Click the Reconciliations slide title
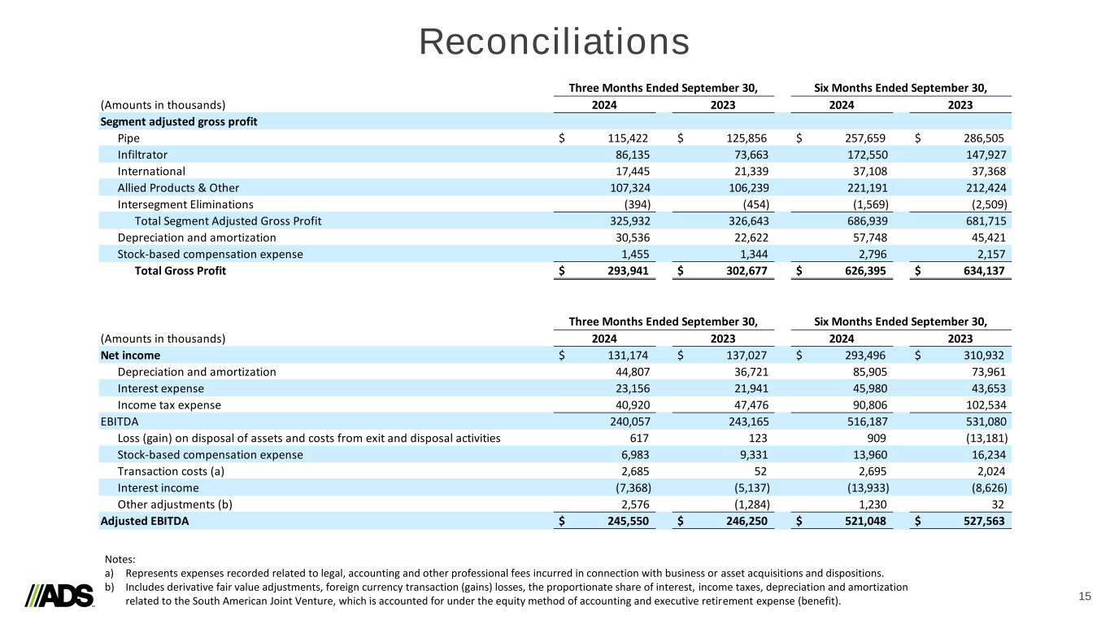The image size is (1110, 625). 555,42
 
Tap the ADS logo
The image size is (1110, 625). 60,596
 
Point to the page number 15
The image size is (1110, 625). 1085,597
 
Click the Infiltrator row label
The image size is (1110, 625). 143,155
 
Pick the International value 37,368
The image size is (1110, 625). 981,172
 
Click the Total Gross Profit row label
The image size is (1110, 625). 180,271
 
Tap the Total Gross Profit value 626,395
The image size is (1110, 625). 861,271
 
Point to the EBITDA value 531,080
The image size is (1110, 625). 981,422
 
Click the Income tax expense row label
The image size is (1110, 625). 169,405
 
